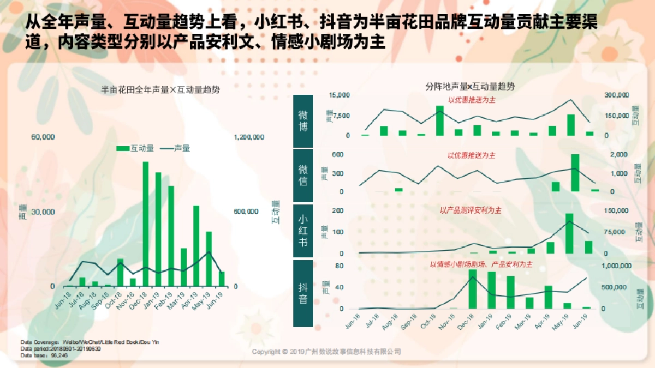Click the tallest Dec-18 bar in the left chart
[x=146, y=224]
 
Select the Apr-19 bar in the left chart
[x=196, y=246]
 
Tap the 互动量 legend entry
[x=136, y=148]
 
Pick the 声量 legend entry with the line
[x=175, y=148]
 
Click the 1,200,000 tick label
[x=249, y=137]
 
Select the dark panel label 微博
[x=303, y=121]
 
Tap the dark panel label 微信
[x=303, y=176]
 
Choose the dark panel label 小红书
[x=303, y=230]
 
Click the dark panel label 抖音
[x=303, y=292]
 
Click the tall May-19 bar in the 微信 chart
[x=575, y=173]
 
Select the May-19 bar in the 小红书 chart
[x=569, y=233]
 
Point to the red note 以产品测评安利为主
[x=471, y=210]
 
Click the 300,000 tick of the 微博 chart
[x=617, y=95]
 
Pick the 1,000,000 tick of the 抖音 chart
[x=617, y=266]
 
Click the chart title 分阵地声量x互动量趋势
[x=470, y=86]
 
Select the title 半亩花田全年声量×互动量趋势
[x=160, y=90]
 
